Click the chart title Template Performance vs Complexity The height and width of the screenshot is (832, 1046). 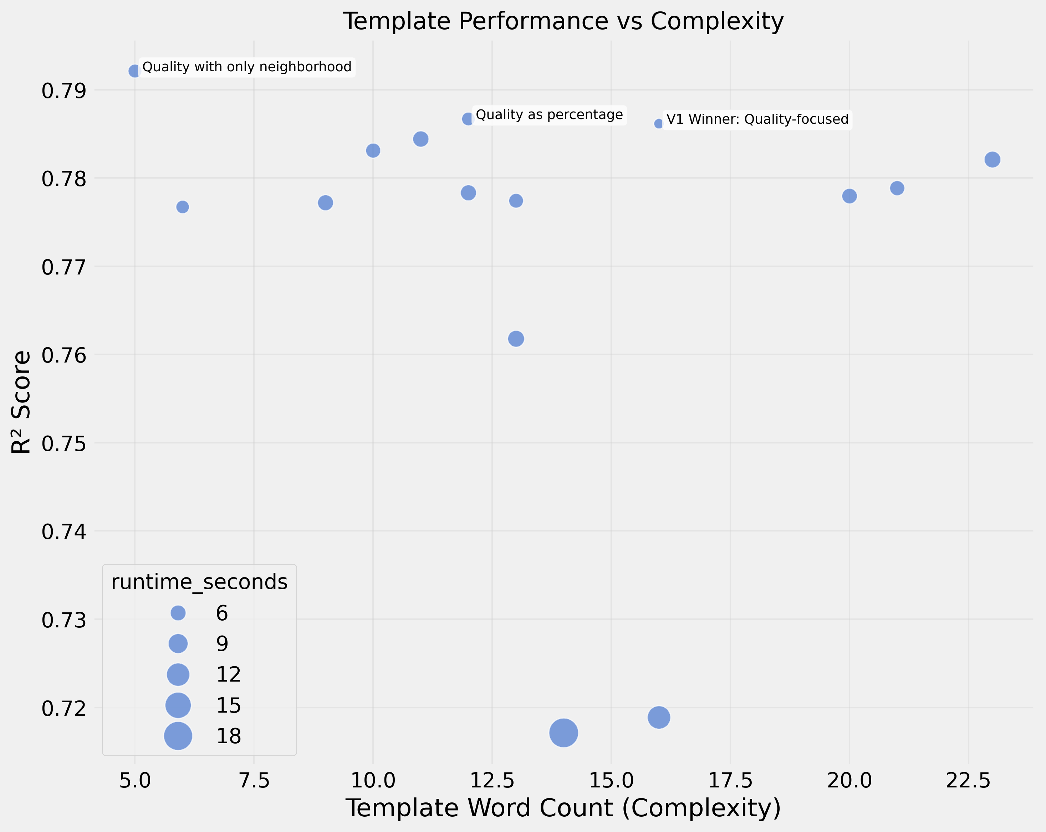coord(563,21)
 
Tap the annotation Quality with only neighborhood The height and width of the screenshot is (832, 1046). coord(246,67)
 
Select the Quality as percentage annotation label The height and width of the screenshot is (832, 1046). coord(549,115)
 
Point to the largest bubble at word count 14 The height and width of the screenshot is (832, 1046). coord(563,733)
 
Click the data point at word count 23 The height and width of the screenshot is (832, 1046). coord(992,159)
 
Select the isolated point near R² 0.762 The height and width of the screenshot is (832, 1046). coord(516,338)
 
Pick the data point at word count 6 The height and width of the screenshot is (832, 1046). coord(183,207)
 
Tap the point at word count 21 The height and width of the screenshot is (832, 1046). coord(897,188)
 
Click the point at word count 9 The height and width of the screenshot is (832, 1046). coord(326,203)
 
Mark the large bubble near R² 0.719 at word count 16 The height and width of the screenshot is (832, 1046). coord(659,717)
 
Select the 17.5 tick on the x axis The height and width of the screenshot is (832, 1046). coord(730,781)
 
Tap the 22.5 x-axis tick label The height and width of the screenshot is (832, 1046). coord(968,781)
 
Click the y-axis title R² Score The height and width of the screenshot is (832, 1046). coord(21,402)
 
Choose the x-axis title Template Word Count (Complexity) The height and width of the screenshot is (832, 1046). coord(563,808)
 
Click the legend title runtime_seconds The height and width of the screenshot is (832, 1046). coord(199,581)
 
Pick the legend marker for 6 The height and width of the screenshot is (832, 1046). coord(178,613)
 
